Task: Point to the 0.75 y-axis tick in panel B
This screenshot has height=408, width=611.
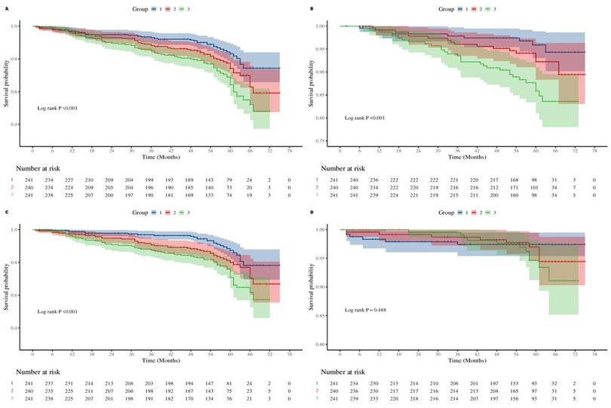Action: point(327,141)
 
